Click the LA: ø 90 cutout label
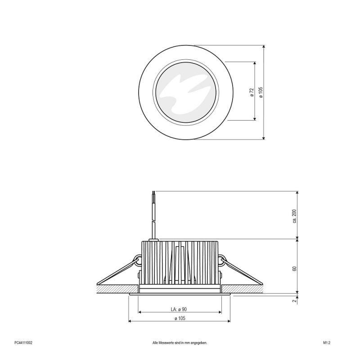[x=179, y=309]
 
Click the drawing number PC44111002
[x=23, y=342]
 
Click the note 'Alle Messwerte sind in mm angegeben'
[x=180, y=342]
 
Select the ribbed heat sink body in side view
[x=180, y=263]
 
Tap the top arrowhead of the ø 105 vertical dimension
[x=263, y=47]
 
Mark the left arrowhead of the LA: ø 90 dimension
[x=140, y=312]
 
